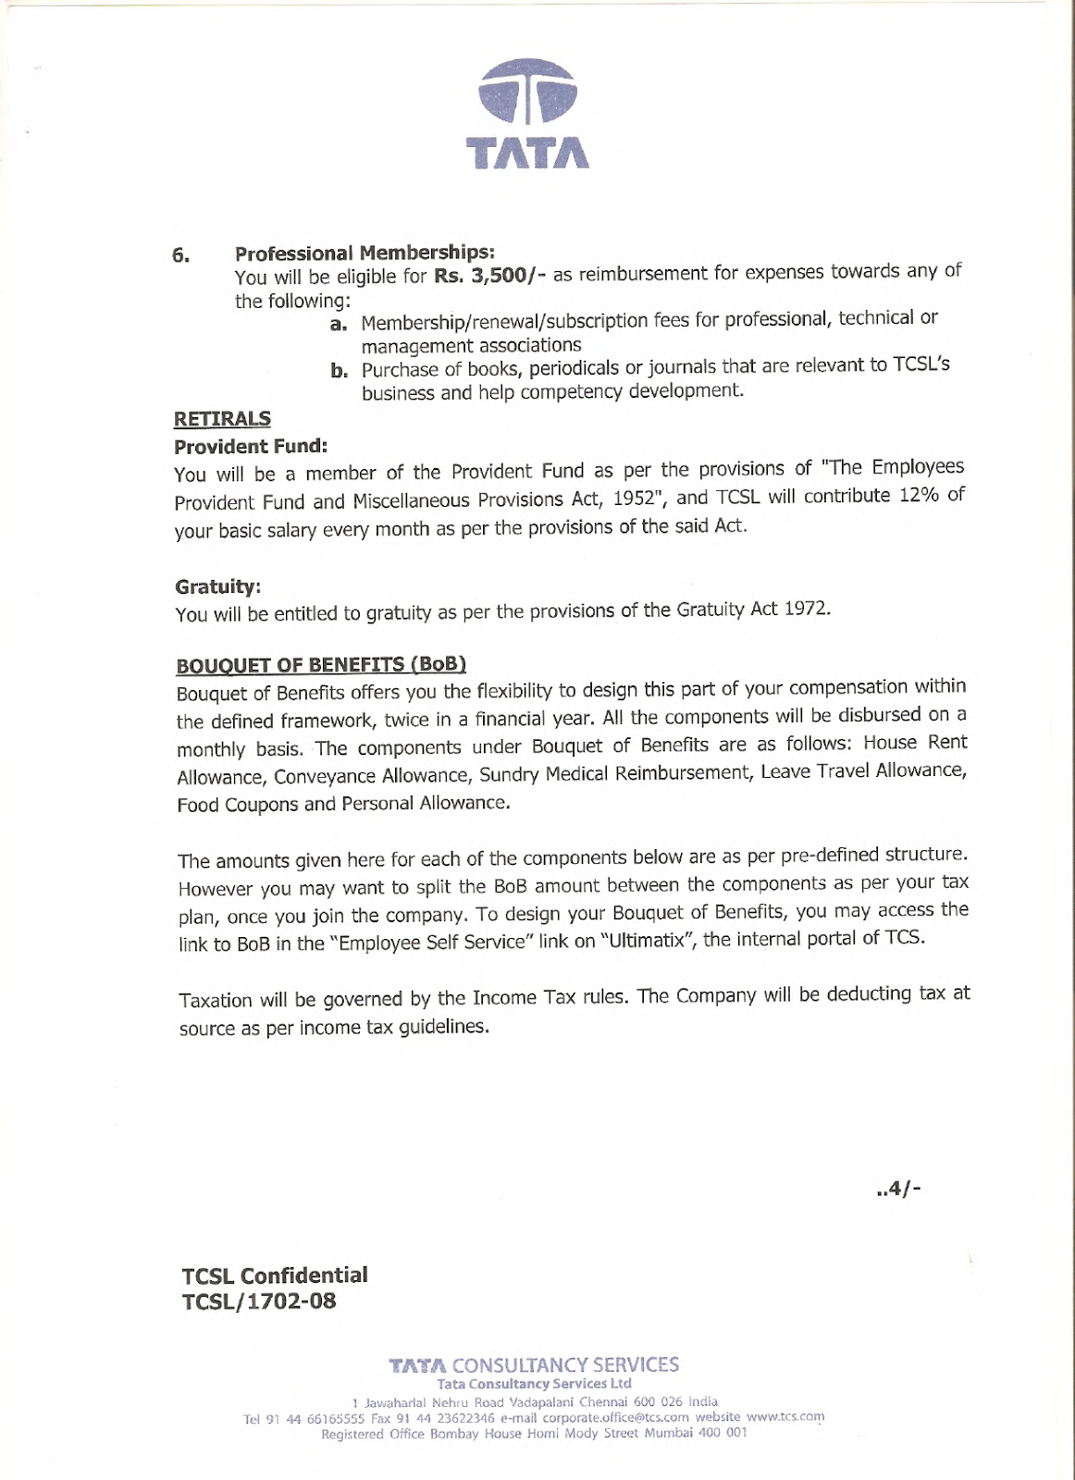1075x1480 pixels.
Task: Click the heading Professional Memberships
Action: [365, 253]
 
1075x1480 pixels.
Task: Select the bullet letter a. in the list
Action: [339, 324]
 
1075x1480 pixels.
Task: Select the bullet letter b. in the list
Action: [339, 372]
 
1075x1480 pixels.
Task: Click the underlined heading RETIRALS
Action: [222, 419]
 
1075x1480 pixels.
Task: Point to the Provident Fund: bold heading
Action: [251, 447]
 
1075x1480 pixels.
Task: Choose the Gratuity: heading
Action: [217, 586]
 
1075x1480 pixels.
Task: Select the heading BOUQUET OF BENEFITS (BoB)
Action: [321, 665]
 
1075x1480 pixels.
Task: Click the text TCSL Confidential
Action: [275, 1276]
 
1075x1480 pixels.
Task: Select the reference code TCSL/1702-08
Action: [259, 1301]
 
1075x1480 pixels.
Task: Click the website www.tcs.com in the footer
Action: [785, 1416]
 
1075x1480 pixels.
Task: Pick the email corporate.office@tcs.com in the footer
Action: [615, 1417]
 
